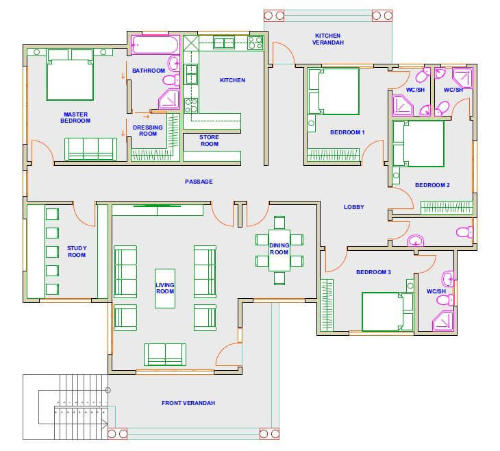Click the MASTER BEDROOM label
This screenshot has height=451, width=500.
pyautogui.click(x=75, y=117)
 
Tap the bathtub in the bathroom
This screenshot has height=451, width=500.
pyautogui.click(x=155, y=45)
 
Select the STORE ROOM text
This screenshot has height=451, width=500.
pyautogui.click(x=209, y=141)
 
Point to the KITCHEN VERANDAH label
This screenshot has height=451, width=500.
pyautogui.click(x=328, y=39)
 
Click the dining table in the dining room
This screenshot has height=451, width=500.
pyautogui.click(x=279, y=250)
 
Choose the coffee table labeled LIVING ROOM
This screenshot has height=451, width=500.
pyautogui.click(x=165, y=289)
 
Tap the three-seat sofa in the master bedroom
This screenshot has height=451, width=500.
pyautogui.click(x=90, y=149)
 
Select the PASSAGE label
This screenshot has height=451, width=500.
pyautogui.click(x=199, y=182)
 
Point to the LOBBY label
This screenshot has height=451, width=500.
pyautogui.click(x=353, y=207)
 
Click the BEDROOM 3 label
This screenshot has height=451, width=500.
pyautogui.click(x=373, y=272)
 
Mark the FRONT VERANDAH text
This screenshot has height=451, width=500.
pyautogui.click(x=188, y=403)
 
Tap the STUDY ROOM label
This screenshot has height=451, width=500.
pyautogui.click(x=77, y=252)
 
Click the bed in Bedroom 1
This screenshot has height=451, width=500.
pyautogui.click(x=334, y=92)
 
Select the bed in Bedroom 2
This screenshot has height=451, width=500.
pyautogui.click(x=418, y=143)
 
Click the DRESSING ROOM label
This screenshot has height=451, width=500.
pyautogui.click(x=148, y=130)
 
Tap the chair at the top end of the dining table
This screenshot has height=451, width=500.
pyautogui.click(x=279, y=222)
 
